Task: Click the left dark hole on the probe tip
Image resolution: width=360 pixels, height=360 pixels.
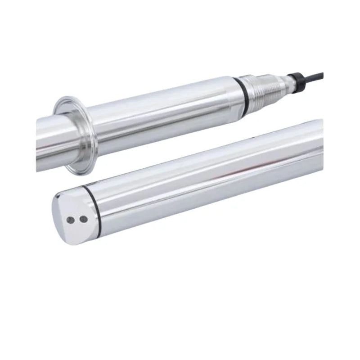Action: [x=71, y=220]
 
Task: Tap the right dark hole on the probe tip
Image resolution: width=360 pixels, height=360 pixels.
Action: [x=83, y=219]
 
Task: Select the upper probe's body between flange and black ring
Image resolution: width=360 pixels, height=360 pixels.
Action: [x=162, y=117]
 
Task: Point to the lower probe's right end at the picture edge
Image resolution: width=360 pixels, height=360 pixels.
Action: [x=320, y=144]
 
